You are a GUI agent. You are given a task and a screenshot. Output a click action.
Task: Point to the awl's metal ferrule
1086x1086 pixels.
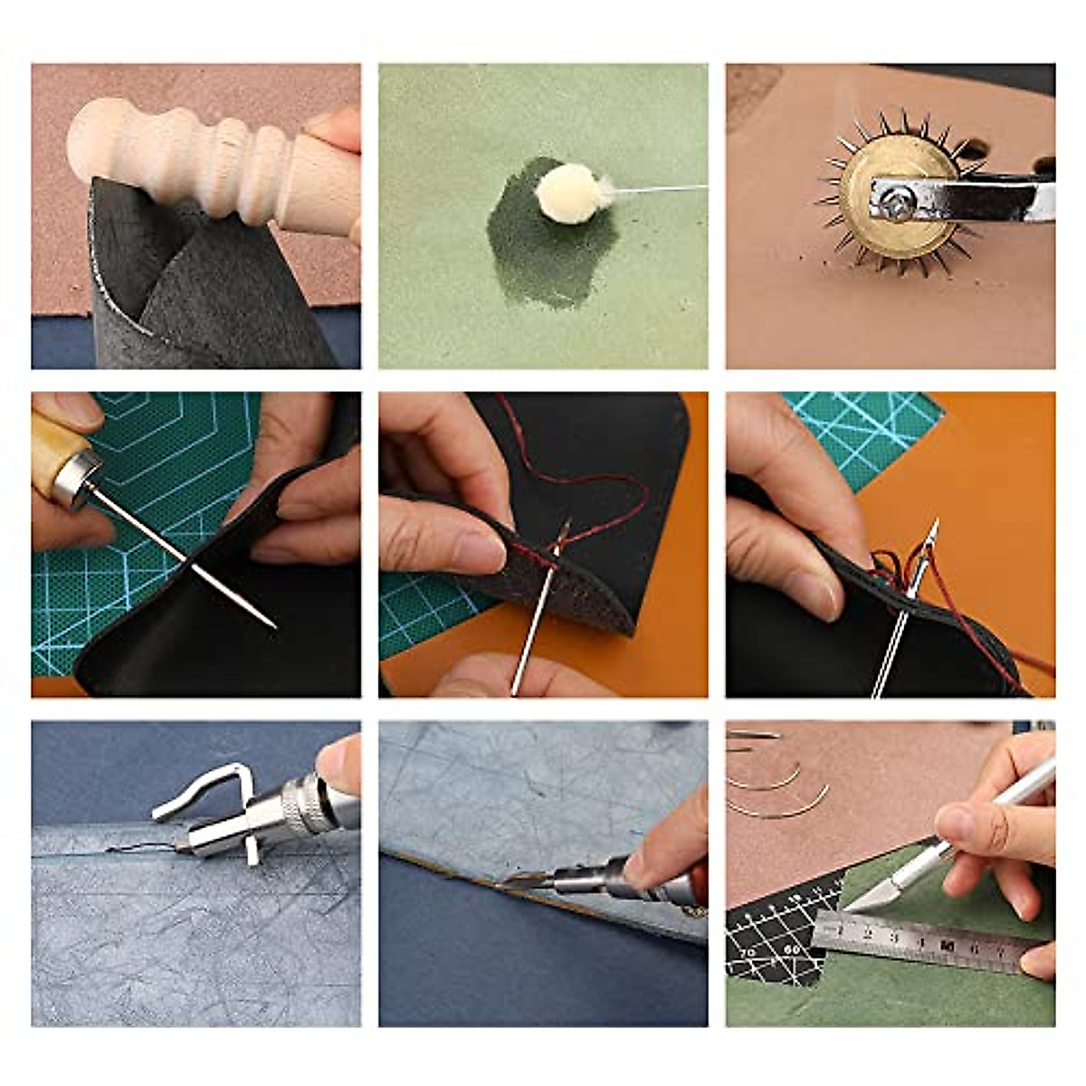coord(74,479)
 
